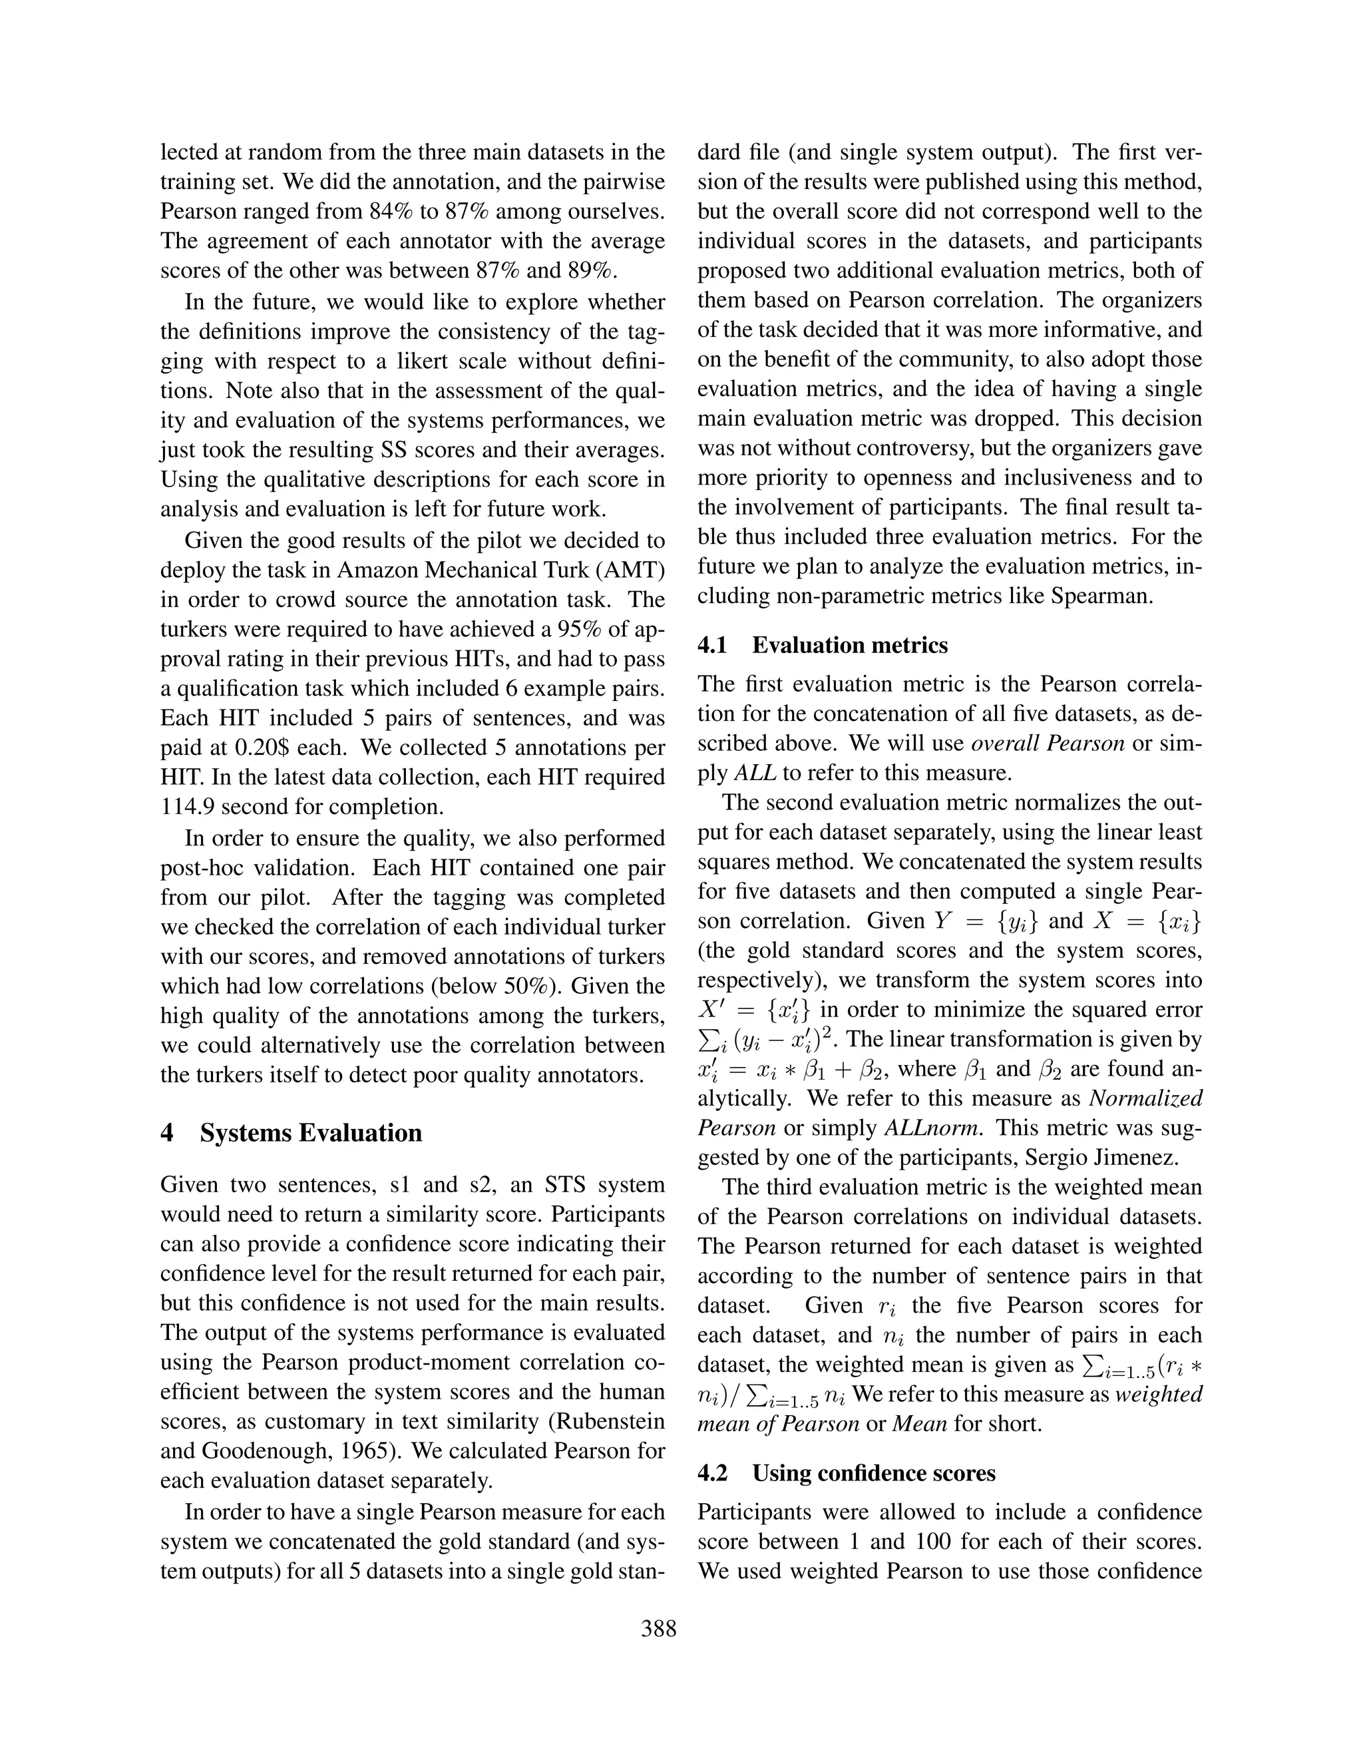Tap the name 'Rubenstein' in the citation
[606, 1422]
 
